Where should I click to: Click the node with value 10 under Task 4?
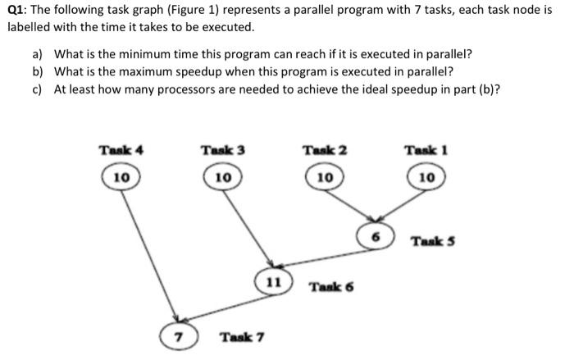pyautogui.click(x=121, y=176)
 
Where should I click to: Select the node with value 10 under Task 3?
pyautogui.click(x=221, y=176)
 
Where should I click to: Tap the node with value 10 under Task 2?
pyautogui.click(x=324, y=176)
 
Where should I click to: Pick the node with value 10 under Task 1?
pyautogui.click(x=426, y=176)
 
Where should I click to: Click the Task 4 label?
pyautogui.click(x=121, y=150)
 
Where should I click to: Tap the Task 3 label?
pyautogui.click(x=222, y=150)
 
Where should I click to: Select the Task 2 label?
pyautogui.click(x=325, y=150)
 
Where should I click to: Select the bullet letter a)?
pyautogui.click(x=38, y=54)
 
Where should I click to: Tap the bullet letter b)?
pyautogui.click(x=38, y=71)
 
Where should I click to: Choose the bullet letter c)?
pyautogui.click(x=38, y=89)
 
